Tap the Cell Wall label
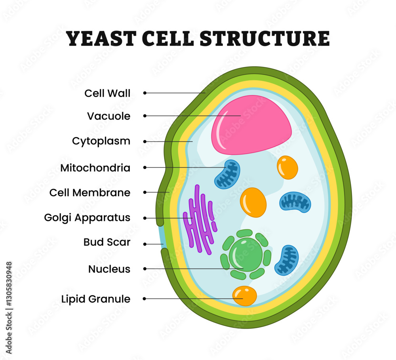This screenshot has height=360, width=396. pos(107,93)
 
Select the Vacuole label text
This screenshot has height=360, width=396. pos(109,116)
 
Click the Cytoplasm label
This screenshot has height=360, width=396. pos(101,141)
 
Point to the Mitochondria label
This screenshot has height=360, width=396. pos(95,168)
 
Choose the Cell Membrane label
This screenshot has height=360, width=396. pos(90,193)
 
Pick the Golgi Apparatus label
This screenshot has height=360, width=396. pos(87,218)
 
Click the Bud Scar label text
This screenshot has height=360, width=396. pos(107,242)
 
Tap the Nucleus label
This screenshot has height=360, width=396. pos(109,269)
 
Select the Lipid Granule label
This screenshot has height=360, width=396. pos(95,299)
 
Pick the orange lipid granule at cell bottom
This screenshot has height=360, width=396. pos(244,296)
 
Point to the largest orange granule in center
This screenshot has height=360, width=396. pos(253,202)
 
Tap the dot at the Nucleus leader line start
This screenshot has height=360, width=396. pos(145,269)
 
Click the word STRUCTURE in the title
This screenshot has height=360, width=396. pos(265,38)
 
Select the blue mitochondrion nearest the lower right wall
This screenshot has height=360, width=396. pos(287,260)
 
